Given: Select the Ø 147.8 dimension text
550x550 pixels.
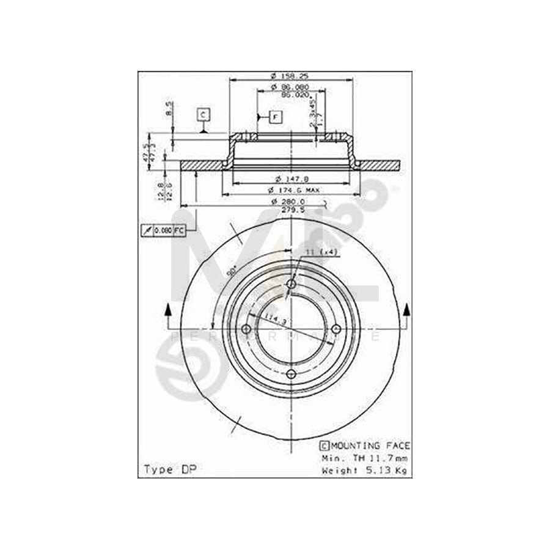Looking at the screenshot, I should tap(290, 178).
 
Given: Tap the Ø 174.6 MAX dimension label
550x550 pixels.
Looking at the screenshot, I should tap(296, 191).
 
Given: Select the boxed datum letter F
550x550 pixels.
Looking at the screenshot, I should tap(275, 116).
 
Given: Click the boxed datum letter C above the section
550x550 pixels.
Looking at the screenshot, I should tap(203, 114).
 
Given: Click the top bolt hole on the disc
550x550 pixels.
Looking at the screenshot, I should tap(291, 284).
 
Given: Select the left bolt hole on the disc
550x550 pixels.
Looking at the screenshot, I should tap(247, 329).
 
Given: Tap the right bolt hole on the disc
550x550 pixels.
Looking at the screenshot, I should tap(336, 329).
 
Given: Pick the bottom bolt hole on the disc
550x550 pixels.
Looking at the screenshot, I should tap(291, 374).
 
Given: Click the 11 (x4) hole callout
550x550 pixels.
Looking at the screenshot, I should tap(322, 251).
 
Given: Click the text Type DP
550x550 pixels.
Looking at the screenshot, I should tap(165, 469).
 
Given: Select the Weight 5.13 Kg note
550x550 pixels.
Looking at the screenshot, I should tap(365, 470).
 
